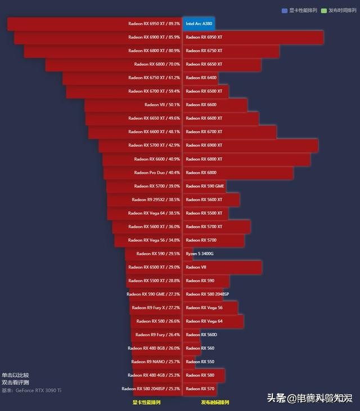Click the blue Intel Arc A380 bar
199,24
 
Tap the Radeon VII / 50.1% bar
133,105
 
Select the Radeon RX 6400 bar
200,78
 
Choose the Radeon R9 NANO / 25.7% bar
157,362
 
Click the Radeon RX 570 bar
200,389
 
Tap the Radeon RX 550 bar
199,362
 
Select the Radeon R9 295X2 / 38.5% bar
145,200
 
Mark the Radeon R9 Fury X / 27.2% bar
156,308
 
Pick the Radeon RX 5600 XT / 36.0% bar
147,227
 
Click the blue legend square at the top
285,10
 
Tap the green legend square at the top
324,10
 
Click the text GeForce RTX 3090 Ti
39,390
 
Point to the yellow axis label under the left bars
146,403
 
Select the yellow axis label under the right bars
215,403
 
